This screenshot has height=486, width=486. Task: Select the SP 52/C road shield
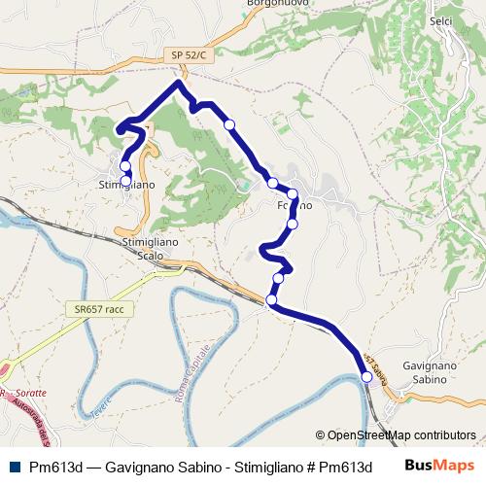(188, 55)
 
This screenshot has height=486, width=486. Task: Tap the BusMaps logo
(438, 466)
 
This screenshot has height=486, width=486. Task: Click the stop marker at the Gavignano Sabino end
(366, 379)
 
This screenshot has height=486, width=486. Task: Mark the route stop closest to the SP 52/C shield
(229, 124)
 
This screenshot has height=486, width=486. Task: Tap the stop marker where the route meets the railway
(271, 300)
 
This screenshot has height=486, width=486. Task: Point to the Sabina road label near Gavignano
(375, 368)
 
